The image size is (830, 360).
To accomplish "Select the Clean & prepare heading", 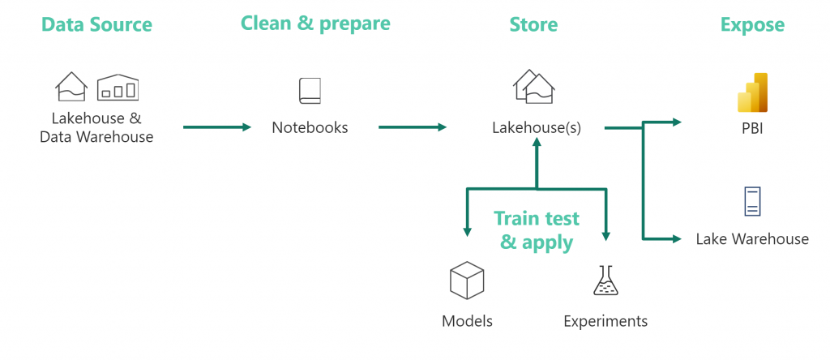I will (x=315, y=23).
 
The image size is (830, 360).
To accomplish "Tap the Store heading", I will (x=533, y=24).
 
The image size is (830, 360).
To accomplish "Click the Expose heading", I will (x=752, y=25).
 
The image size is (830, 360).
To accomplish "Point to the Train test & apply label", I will (x=537, y=230).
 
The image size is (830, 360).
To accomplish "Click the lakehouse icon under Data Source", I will (x=71, y=87).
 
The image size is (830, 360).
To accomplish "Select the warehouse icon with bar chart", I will (x=118, y=88).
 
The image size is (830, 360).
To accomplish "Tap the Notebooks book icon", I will (x=310, y=90).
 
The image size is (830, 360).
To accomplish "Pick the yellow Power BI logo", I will (x=752, y=92).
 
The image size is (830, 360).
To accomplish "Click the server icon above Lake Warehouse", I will (x=752, y=202).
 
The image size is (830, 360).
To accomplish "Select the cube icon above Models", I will (x=467, y=280).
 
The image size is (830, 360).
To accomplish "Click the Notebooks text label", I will (x=310, y=127).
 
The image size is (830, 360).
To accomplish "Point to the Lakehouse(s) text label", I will (x=536, y=127).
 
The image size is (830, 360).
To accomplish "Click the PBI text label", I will (x=751, y=127).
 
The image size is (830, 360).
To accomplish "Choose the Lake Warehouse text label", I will (x=752, y=238).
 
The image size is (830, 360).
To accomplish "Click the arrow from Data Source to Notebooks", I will (x=217, y=127).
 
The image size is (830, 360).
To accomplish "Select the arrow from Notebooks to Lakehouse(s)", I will (x=412, y=127).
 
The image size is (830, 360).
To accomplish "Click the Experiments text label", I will (x=605, y=321).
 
